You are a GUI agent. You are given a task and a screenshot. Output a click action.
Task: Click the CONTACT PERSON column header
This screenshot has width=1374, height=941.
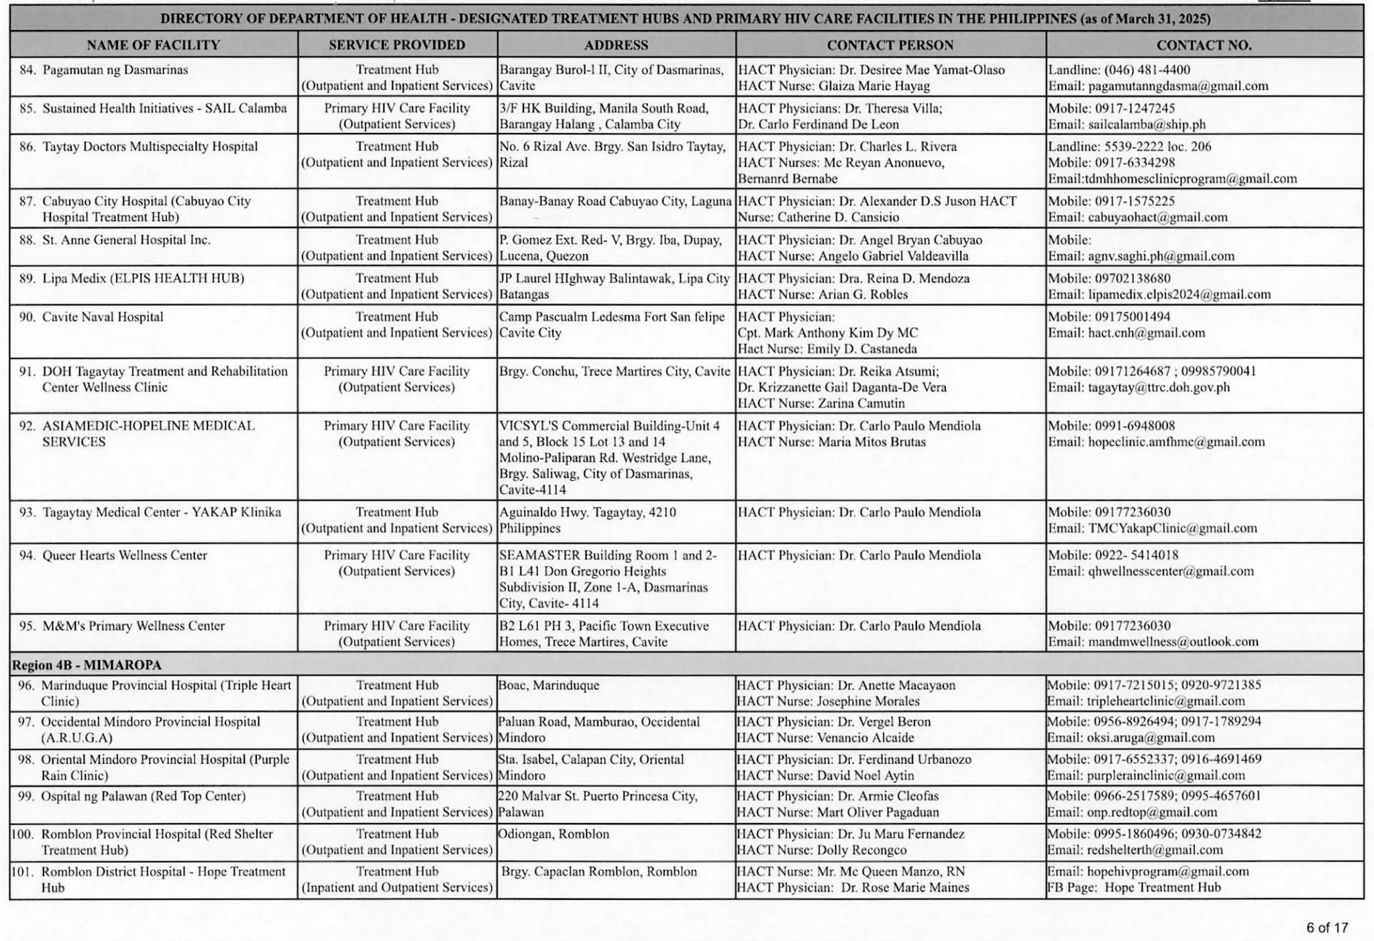890,45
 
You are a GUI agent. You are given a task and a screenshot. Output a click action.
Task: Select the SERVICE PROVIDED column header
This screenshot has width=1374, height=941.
397,45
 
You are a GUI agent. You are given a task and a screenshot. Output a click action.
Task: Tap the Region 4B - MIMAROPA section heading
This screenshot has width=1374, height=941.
87,665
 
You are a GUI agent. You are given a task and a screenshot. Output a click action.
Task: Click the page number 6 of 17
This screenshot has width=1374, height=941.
1326,928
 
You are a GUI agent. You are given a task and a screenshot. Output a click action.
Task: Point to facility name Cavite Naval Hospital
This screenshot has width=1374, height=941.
103,317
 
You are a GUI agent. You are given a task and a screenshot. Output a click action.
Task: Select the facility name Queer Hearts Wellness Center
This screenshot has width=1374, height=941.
125,555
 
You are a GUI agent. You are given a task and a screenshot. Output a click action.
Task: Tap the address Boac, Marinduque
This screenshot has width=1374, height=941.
549,685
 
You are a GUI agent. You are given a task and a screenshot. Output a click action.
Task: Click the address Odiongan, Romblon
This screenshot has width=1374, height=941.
553,834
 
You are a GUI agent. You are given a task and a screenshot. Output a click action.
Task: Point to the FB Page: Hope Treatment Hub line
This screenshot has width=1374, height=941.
1134,887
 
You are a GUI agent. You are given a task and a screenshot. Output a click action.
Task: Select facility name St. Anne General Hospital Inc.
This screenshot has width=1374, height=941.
126,240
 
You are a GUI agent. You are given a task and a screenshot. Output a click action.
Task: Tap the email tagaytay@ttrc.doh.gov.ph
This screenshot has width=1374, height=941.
1159,387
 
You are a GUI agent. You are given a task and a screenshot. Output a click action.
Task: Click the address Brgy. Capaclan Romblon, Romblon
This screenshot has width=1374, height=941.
598,871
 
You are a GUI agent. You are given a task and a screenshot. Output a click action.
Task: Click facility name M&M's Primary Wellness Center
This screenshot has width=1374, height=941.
134,626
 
